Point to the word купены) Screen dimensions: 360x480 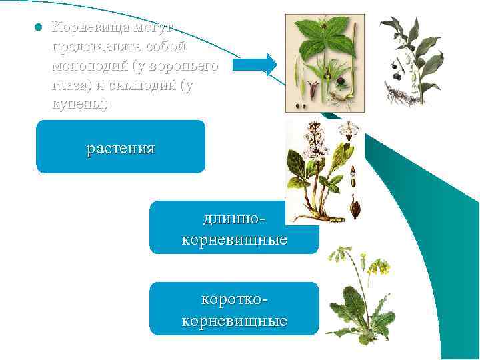[x=79, y=105]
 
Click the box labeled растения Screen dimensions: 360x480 [x=121, y=147]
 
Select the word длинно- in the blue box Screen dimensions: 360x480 [x=234, y=219]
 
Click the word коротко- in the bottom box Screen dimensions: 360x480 [x=234, y=300]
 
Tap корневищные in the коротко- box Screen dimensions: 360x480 [x=234, y=321]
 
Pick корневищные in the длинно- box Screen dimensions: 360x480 [x=234, y=239]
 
